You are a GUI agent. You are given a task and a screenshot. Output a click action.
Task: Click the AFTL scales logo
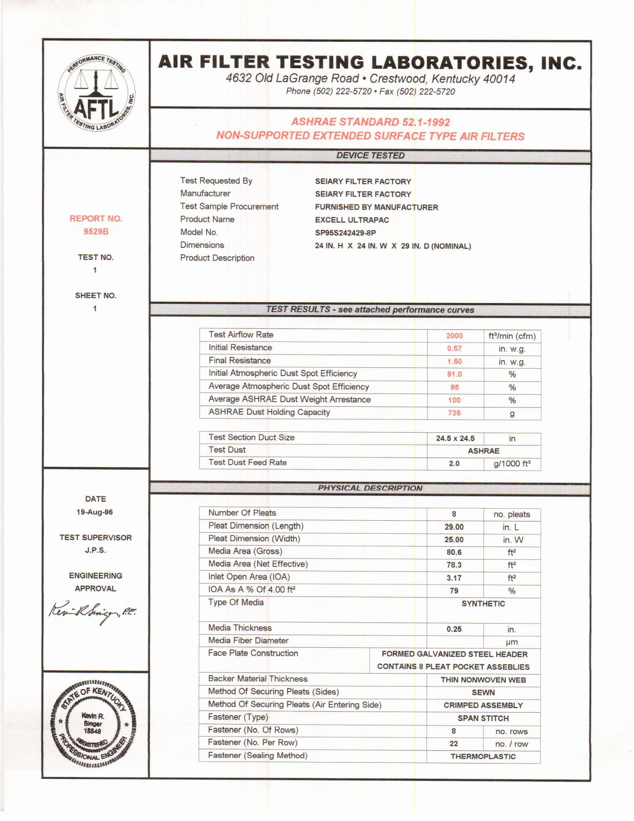(x=96, y=93)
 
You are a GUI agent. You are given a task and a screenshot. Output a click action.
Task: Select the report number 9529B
(x=96, y=232)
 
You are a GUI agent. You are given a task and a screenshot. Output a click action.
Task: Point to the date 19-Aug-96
(x=95, y=512)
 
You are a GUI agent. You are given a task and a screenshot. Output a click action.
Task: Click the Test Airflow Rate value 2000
(x=454, y=336)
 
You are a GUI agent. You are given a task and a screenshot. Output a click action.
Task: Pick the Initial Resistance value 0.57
(x=454, y=349)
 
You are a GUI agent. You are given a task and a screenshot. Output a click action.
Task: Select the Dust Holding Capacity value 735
(x=454, y=413)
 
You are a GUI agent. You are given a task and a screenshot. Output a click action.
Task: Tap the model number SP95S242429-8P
(x=345, y=233)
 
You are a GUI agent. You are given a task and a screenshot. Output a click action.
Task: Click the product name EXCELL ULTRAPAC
(x=352, y=220)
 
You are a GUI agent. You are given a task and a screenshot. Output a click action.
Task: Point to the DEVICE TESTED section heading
(x=370, y=156)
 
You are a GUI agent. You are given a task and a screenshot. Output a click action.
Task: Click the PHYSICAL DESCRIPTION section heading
(x=370, y=488)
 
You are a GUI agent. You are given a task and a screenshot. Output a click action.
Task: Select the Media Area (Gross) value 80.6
(x=454, y=552)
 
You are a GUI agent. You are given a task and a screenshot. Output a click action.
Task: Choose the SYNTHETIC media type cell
(x=483, y=604)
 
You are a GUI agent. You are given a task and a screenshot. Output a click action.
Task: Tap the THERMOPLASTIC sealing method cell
(x=483, y=756)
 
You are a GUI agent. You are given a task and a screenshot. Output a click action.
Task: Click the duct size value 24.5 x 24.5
(x=455, y=439)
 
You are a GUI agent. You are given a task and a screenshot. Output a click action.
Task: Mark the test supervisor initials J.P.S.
(x=95, y=550)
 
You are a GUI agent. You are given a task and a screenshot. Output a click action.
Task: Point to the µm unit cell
(x=512, y=642)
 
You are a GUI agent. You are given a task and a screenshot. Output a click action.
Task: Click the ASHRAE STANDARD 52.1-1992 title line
(x=370, y=122)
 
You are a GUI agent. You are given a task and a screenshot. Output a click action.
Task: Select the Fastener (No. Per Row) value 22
(x=454, y=743)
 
